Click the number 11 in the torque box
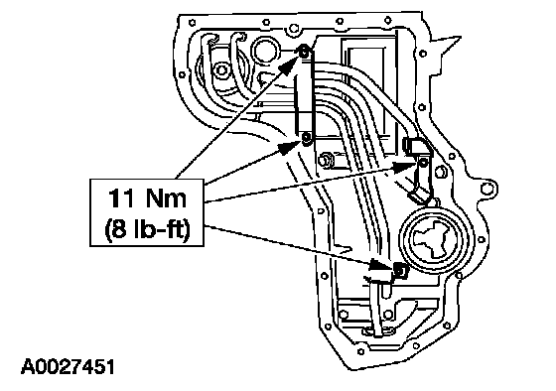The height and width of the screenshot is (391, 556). click(x=121, y=198)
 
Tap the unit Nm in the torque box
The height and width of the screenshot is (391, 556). click(x=167, y=198)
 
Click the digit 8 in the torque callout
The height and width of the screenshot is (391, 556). click(x=119, y=230)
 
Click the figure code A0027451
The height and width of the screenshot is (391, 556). click(x=68, y=366)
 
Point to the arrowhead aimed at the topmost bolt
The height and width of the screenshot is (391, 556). click(x=290, y=65)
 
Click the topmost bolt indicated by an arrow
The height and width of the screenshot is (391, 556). click(x=304, y=53)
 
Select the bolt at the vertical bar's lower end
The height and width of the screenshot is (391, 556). click(x=307, y=138)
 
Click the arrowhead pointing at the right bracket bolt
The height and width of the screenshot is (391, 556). click(x=406, y=166)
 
